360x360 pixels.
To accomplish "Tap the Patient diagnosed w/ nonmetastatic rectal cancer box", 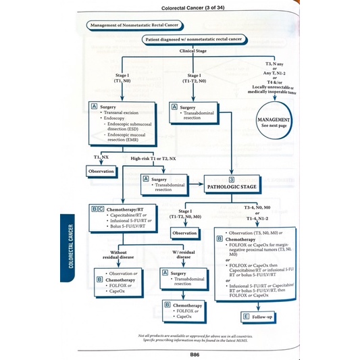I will [193, 40].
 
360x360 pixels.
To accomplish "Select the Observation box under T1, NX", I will [103, 172].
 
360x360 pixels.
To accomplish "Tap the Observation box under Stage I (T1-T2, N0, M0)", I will [184, 232].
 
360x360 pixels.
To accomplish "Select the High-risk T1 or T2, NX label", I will [153, 158].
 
